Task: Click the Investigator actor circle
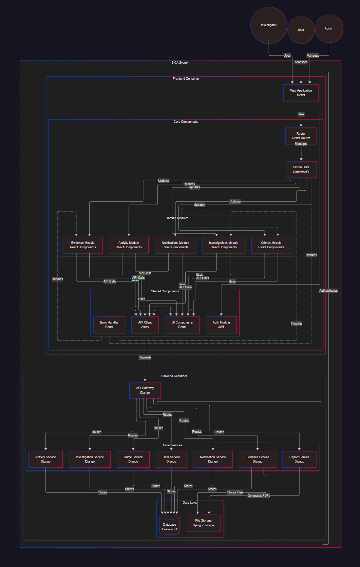point(269,25)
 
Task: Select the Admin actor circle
point(329,28)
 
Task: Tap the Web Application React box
point(301,93)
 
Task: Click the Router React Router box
point(301,136)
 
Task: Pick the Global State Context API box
point(301,169)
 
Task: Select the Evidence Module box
point(83,245)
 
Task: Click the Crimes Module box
point(271,245)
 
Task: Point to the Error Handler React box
point(109,325)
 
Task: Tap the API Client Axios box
point(145,325)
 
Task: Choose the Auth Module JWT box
point(221,325)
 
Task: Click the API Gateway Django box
point(145,390)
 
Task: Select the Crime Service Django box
point(133,459)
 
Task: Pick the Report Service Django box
point(299,459)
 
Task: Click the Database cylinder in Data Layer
point(170,524)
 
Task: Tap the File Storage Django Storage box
point(203,523)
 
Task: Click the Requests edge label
point(145,357)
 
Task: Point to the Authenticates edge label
point(328,291)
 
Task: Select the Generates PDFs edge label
point(259,496)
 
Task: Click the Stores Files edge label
point(235,492)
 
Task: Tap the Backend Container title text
point(174,376)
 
